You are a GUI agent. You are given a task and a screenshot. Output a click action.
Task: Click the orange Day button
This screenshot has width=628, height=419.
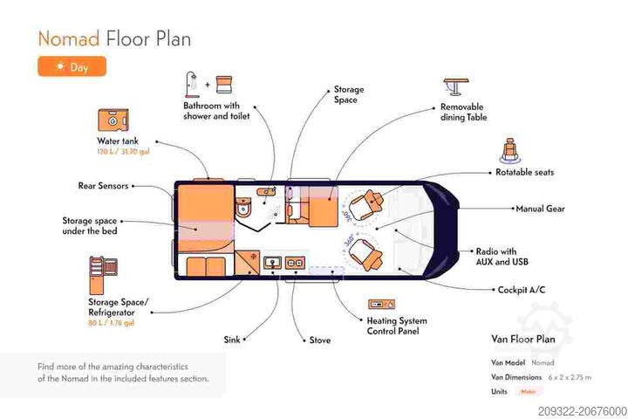(x=72, y=66)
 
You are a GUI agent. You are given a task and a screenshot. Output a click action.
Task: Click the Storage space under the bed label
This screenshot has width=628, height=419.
(x=89, y=225)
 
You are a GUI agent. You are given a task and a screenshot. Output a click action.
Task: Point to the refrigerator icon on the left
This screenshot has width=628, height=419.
(x=100, y=273)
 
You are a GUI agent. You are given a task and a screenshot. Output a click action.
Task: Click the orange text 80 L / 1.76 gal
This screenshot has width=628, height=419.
(x=111, y=323)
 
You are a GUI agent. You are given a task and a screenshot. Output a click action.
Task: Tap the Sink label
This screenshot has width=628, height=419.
(x=231, y=340)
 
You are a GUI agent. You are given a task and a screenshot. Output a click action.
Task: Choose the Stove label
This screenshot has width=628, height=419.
(x=320, y=340)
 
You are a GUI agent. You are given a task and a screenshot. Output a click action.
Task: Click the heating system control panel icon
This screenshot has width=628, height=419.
(x=380, y=304)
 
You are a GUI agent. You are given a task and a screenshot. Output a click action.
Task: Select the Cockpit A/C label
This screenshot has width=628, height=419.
(x=522, y=290)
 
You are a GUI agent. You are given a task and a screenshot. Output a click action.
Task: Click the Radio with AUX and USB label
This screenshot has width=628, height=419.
(x=502, y=257)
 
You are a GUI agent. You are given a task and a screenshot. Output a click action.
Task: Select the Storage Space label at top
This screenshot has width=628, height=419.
(x=348, y=94)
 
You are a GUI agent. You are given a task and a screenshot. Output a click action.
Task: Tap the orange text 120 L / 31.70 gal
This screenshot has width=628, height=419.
(x=123, y=151)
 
